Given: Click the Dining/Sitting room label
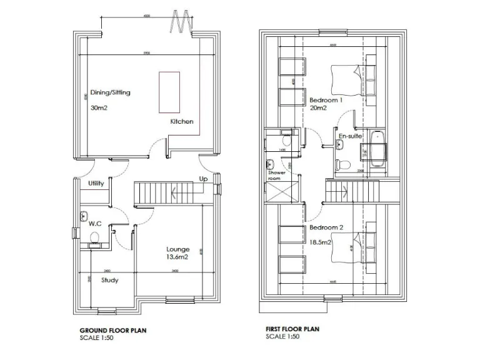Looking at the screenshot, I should [111, 92].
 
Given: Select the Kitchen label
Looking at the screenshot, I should [182, 121].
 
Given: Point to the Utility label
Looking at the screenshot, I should [96, 184].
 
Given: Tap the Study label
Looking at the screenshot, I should [110, 280].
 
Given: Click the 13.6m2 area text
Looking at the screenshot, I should [177, 257].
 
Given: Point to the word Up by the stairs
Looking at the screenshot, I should [203, 179].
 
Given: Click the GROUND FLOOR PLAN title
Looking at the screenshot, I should [113, 330].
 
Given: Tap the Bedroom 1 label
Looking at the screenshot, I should [326, 100].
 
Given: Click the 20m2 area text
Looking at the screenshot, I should [319, 108].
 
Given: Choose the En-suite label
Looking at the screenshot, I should [350, 136].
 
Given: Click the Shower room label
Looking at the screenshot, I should [277, 175].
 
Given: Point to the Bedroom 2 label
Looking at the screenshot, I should [326, 228].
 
